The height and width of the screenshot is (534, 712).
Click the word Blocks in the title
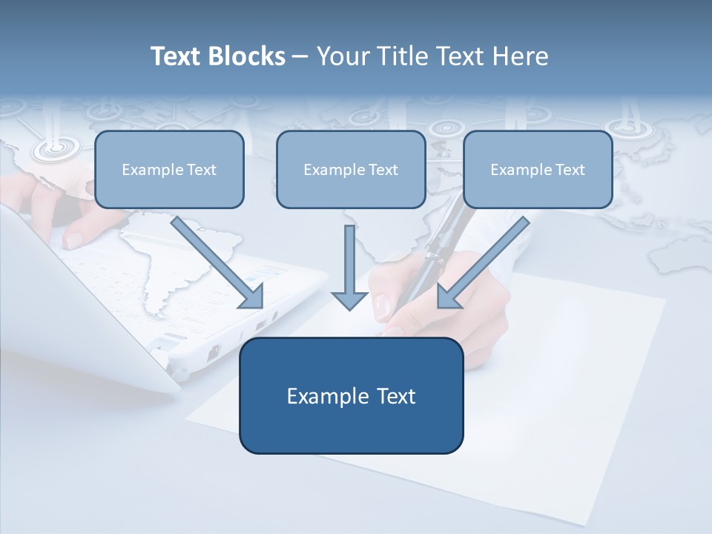(x=248, y=56)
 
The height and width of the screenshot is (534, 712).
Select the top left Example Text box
(x=169, y=170)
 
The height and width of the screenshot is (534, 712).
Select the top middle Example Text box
(x=351, y=170)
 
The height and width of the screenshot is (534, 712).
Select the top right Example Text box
(x=538, y=170)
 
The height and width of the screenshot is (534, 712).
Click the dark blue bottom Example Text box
(x=351, y=396)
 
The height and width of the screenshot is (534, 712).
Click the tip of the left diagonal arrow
(x=260, y=305)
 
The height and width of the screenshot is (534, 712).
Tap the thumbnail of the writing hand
(x=382, y=304)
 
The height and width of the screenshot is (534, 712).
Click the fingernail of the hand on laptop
(x=74, y=240)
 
